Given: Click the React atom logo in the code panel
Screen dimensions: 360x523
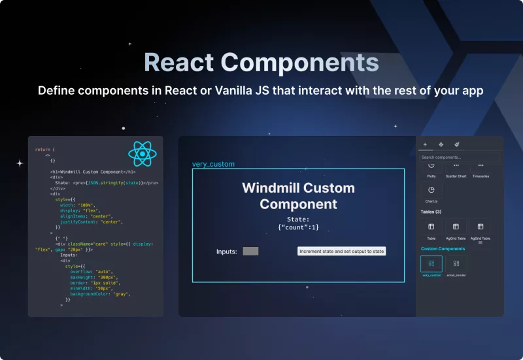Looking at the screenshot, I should pos(143,154).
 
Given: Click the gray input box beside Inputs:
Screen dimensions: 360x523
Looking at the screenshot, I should pos(250,251).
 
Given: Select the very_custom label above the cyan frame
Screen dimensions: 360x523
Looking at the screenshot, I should pos(213,164).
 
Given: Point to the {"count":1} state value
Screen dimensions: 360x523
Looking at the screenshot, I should pos(298,227).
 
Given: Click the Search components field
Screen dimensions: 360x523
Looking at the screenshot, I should pos(460,157).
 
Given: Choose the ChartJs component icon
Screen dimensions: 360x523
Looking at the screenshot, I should pos(431,190).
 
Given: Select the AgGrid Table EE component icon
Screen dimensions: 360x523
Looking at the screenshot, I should pos(481,227).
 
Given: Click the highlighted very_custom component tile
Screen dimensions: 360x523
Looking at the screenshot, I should pos(431,263).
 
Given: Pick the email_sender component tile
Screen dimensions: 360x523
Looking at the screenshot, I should pos(456,263).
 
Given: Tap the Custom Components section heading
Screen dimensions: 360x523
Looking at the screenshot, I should pos(443,249).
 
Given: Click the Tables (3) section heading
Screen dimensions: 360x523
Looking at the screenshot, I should pos(431,212).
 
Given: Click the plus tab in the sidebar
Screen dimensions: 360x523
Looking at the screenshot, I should pos(425,144).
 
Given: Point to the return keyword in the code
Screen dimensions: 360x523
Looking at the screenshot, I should pos(41,150).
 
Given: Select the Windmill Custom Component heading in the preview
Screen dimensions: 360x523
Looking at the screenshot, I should pos(298,196).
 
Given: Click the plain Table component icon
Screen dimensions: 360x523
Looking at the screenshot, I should pos(431,227).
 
